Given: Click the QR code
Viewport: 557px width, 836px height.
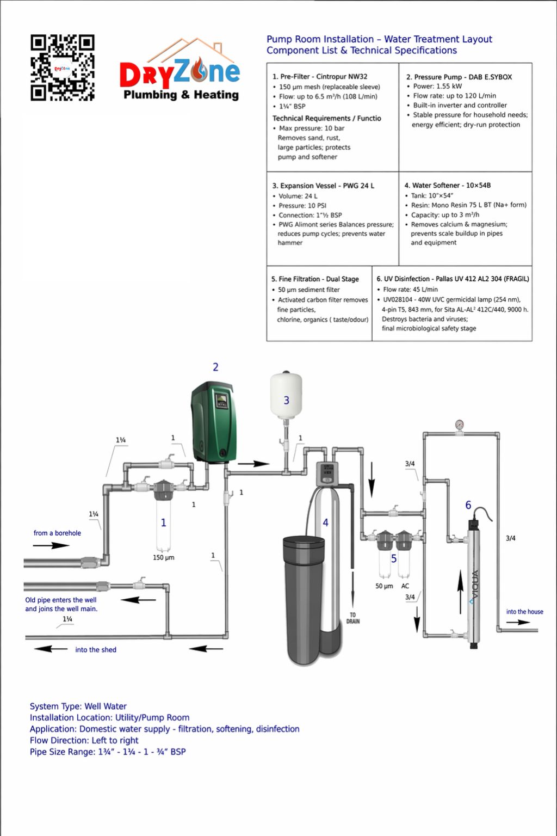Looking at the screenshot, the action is click(x=63, y=68).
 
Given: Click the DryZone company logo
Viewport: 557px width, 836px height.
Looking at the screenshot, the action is click(x=180, y=70).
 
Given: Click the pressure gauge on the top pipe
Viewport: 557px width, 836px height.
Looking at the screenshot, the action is click(x=459, y=425).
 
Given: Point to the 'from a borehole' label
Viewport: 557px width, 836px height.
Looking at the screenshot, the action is click(x=57, y=533).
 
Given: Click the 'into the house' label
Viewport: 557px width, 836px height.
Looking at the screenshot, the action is click(x=524, y=611).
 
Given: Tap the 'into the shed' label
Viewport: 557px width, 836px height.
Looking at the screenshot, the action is click(x=96, y=650).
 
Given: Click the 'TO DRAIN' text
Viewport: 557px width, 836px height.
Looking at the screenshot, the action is click(x=353, y=618).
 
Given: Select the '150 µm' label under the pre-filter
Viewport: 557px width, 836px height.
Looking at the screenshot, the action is click(x=163, y=557).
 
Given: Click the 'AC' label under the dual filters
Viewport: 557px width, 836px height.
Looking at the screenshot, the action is click(x=405, y=586).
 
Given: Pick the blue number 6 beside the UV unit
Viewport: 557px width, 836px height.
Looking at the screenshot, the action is click(x=468, y=505).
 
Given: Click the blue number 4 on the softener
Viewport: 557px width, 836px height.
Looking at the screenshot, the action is click(x=325, y=522).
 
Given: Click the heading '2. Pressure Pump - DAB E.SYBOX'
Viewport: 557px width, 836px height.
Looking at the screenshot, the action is click(x=459, y=77).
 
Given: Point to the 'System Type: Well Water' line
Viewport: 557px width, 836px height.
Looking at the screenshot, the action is click(x=78, y=706).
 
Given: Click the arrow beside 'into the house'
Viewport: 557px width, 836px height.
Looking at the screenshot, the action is click(x=518, y=622).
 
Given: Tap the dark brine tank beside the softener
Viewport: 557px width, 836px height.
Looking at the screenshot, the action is click(x=304, y=600).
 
